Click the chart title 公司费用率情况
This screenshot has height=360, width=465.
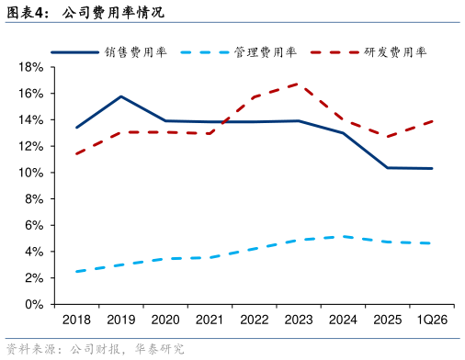tap(113, 13)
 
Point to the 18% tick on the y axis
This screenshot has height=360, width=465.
tap(31, 67)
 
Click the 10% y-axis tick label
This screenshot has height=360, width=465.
tap(31, 173)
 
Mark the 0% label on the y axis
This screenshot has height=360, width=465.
tap(34, 304)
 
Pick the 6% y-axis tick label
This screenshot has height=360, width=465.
tap(34, 225)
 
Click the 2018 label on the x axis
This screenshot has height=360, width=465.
tap(76, 320)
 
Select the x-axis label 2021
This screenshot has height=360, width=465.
tap(210, 320)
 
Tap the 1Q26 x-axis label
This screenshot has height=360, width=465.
tap(432, 320)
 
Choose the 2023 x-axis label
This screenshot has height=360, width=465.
tap(299, 320)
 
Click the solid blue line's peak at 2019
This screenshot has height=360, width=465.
tap(121, 96)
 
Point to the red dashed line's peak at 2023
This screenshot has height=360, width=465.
tap(298, 84)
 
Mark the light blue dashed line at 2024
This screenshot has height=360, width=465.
tap(344, 237)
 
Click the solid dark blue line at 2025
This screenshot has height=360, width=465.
tap(388, 168)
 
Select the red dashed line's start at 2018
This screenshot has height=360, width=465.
tap(76, 153)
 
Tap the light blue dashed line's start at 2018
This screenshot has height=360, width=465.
tap(76, 271)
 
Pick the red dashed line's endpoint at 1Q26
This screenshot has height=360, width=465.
tap(432, 121)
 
